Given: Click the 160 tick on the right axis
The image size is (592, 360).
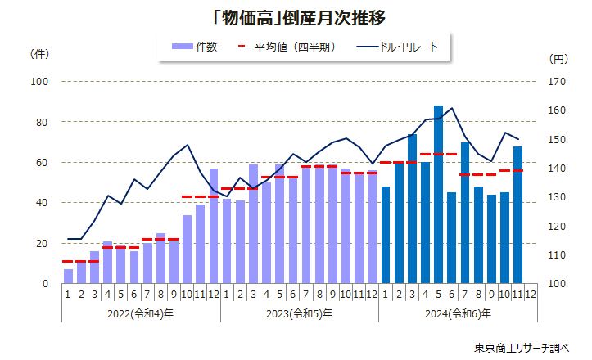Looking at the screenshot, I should coord(557,110).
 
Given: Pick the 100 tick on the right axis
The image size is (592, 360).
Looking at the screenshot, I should coord(557,284).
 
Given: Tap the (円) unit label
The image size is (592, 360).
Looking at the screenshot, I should coord(557,59).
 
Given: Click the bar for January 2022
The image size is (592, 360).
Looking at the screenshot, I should coord(68,277).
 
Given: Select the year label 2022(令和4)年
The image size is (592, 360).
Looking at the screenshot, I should coord(141,313).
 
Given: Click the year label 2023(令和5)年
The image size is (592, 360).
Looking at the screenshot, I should coord(299,313).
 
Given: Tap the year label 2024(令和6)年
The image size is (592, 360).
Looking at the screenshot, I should coord(458,313).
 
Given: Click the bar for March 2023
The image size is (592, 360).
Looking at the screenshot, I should coord(253,224).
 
